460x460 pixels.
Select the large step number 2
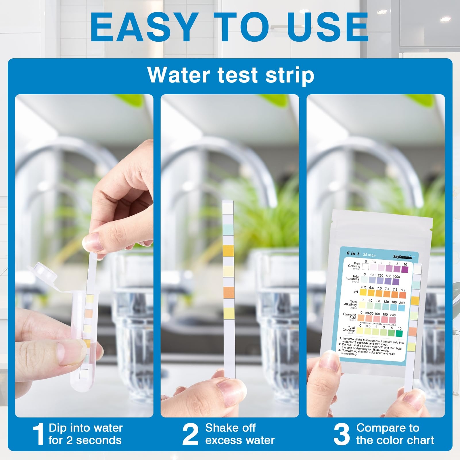coord(190,434)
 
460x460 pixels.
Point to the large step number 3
coord(341,434)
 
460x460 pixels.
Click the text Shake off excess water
coord(239,434)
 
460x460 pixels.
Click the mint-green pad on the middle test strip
coord(228,229)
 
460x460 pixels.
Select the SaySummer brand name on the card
coord(402,257)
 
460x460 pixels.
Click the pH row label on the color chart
coord(356,292)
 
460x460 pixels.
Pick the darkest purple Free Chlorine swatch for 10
coord(405,269)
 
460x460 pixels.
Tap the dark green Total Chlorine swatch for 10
coord(399,333)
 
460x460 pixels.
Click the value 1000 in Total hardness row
coord(396,277)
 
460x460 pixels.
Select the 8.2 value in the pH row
coord(403,290)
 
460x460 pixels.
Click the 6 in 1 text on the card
coord(353,253)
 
